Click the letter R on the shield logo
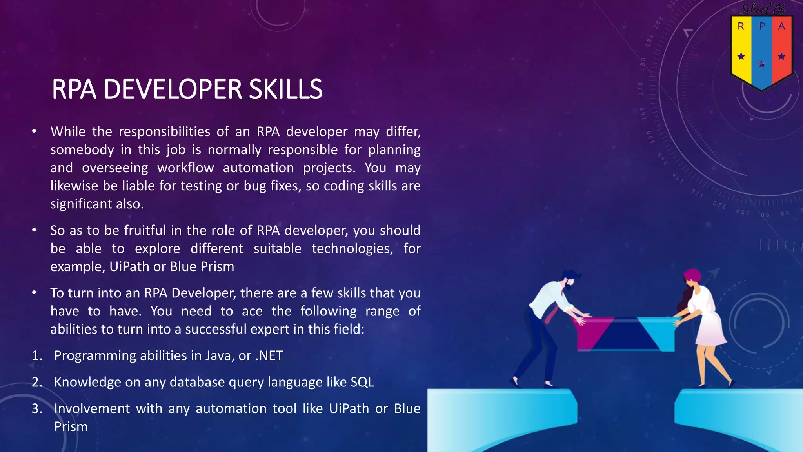coord(741,26)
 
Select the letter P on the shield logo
coord(762,26)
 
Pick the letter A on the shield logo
coord(781,26)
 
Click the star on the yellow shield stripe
coord(741,56)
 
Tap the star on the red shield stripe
coord(781,56)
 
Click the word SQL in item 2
coord(362,382)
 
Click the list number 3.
coord(36,409)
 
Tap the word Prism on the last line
coord(71,427)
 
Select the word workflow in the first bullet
coord(185,168)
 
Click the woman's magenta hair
coord(692,274)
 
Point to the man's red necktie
coord(552,313)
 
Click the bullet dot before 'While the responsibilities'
coord(35,131)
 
